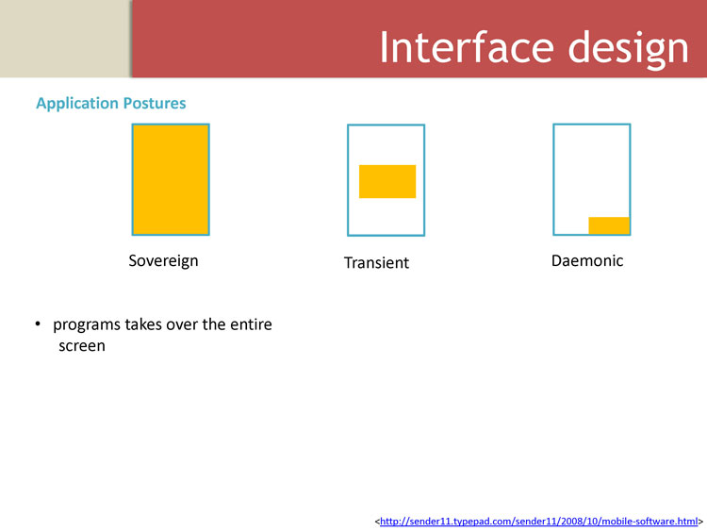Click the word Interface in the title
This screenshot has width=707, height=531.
(x=468, y=47)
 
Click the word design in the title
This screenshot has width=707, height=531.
(x=629, y=50)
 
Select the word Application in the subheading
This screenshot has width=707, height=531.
(x=77, y=104)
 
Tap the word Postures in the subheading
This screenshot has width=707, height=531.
(x=155, y=103)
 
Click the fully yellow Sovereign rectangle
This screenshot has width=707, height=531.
(x=171, y=179)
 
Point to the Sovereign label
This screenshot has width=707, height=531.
(x=163, y=260)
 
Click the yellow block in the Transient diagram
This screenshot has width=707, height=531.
(x=387, y=181)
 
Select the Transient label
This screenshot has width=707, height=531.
(x=376, y=262)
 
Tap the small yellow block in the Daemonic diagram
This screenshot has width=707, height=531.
(x=609, y=225)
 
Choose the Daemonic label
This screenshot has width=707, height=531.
(x=587, y=260)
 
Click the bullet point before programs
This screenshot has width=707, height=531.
(x=38, y=324)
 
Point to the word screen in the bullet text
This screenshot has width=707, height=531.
(x=82, y=346)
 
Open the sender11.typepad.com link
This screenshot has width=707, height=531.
(x=539, y=522)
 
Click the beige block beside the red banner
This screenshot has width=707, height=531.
(x=65, y=39)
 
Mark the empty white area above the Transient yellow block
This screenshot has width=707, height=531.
(x=386, y=145)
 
